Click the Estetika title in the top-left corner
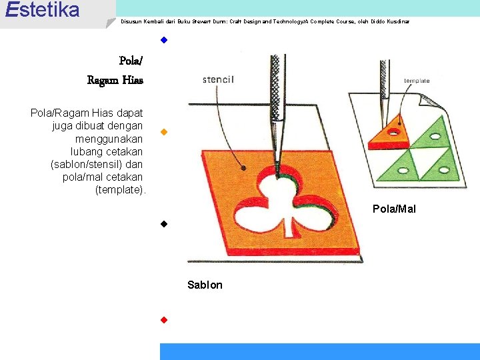(x=41, y=10)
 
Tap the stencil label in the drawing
(x=218, y=80)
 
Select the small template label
(x=417, y=81)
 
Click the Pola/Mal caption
(x=393, y=209)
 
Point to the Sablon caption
(x=205, y=285)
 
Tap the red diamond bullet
(x=163, y=319)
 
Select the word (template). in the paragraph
(x=121, y=190)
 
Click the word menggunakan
(x=109, y=139)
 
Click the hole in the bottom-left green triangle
(x=402, y=171)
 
